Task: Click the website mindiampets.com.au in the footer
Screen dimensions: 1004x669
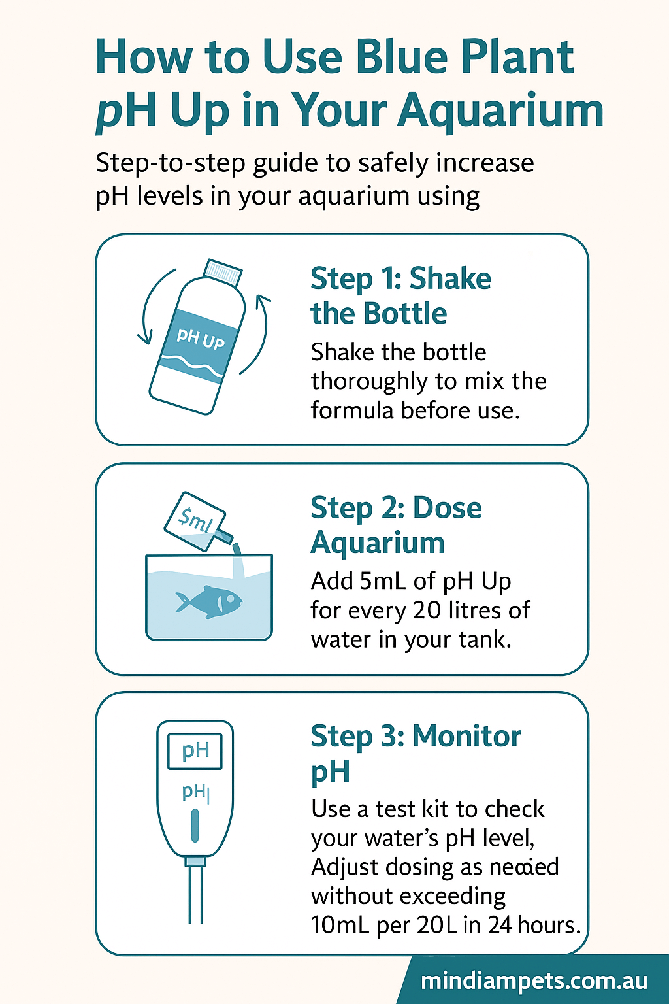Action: pyautogui.click(x=534, y=981)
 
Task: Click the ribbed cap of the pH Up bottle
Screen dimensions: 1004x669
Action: pyautogui.click(x=223, y=271)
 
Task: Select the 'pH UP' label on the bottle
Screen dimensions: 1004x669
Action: pyautogui.click(x=200, y=338)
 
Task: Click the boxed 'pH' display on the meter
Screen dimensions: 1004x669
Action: pyautogui.click(x=195, y=751)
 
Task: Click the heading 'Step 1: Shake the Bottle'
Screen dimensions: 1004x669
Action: pyautogui.click(x=400, y=296)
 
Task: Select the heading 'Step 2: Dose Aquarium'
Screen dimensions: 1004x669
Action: pyautogui.click(x=396, y=525)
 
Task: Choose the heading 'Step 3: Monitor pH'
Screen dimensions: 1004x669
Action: pyautogui.click(x=415, y=754)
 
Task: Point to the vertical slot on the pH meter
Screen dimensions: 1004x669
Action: pyautogui.click(x=195, y=826)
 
